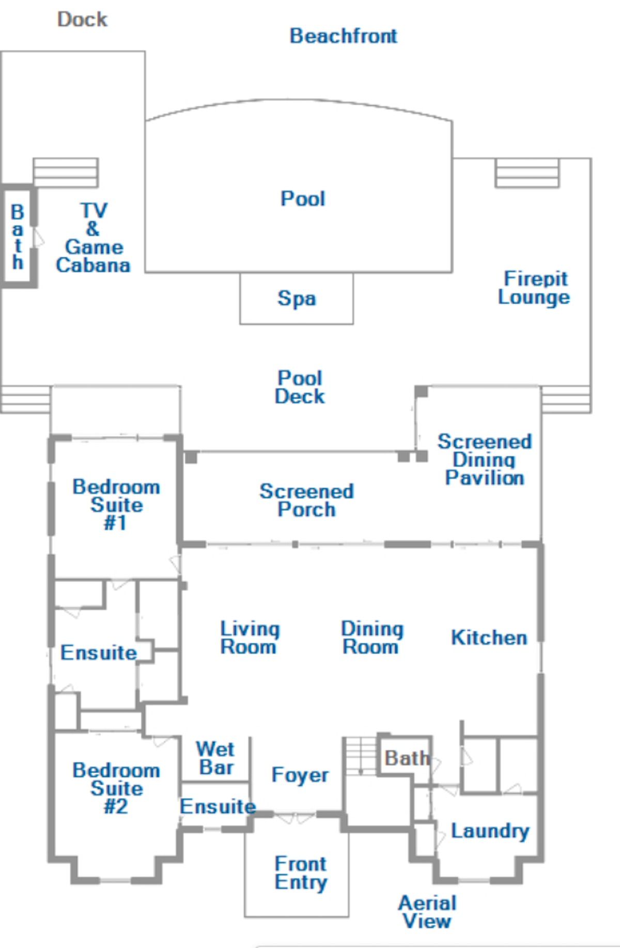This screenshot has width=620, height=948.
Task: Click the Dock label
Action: pyautogui.click(x=82, y=20)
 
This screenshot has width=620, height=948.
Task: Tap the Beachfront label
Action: pyautogui.click(x=344, y=36)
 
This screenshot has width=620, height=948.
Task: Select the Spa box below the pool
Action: pyautogui.click(x=297, y=298)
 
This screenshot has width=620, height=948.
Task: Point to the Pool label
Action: pyautogui.click(x=303, y=198)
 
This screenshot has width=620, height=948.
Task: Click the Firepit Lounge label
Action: pyautogui.click(x=534, y=288)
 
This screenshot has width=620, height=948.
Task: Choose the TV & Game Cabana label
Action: pyautogui.click(x=93, y=238)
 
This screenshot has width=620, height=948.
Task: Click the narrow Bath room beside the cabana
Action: pyautogui.click(x=19, y=236)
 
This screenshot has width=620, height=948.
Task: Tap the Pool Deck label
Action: pyautogui.click(x=300, y=387)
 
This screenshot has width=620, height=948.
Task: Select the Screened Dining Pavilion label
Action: pyautogui.click(x=485, y=459)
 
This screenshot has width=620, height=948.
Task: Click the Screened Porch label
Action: pyautogui.click(x=307, y=500)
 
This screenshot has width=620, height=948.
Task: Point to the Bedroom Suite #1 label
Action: pyautogui.click(x=116, y=505)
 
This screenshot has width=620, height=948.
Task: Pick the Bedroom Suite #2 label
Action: pyautogui.click(x=116, y=788)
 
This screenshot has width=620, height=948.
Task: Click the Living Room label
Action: pyautogui.click(x=250, y=638)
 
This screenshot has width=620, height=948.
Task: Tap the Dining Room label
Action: pyautogui.click(x=372, y=638)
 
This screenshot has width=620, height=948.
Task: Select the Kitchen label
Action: pyautogui.click(x=489, y=638)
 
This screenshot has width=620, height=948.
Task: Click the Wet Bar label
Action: pyautogui.click(x=215, y=758)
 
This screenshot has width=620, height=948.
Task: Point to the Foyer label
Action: pyautogui.click(x=300, y=775)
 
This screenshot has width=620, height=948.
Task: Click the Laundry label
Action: pyautogui.click(x=490, y=831)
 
